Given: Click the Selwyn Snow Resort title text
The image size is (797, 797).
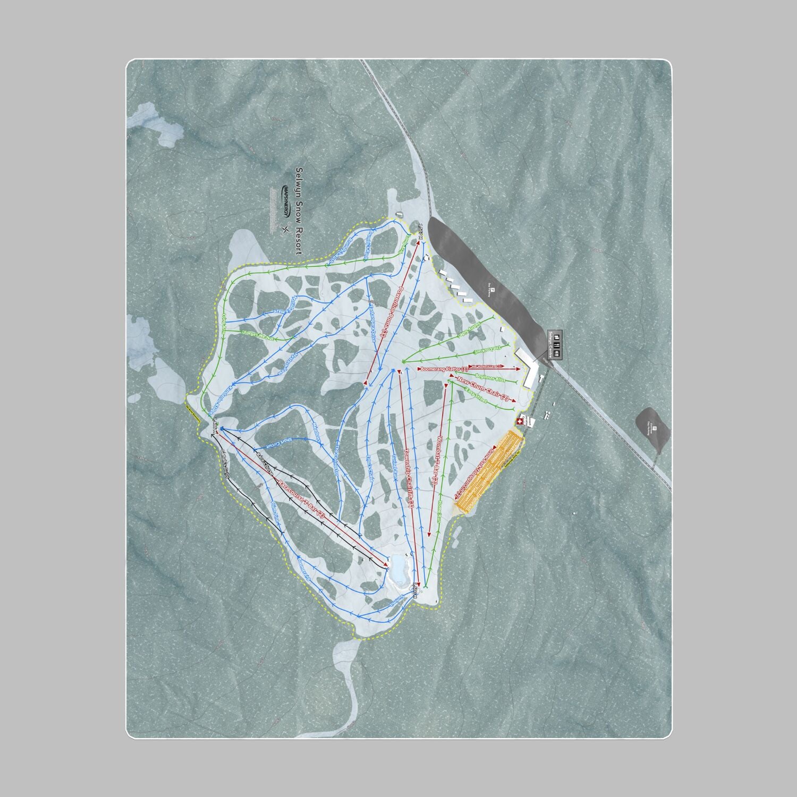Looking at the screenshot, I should tap(299, 211).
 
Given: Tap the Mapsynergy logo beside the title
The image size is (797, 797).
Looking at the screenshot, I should tap(285, 201).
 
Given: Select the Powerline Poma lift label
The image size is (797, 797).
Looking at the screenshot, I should tap(392, 311).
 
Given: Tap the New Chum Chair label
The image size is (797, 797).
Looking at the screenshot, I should tap(483, 389).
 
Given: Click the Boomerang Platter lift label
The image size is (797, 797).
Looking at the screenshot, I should tap(443, 368).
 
